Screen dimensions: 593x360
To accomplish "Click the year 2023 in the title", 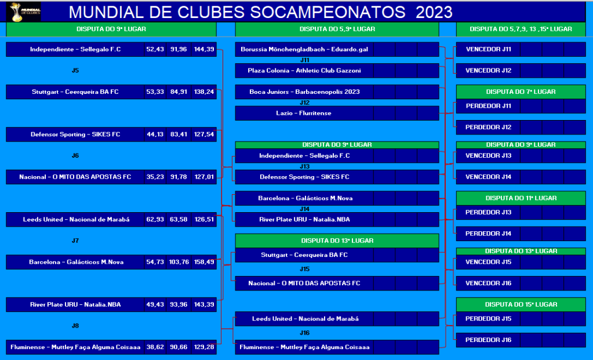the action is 434,12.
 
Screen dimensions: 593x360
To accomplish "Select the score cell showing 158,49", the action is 204,261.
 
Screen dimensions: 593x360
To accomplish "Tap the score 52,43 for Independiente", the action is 155,49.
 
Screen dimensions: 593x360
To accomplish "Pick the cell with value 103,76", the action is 179,261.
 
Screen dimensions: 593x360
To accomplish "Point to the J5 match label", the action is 75,70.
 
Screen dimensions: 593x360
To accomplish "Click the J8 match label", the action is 75,326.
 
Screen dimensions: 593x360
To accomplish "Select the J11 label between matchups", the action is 304,60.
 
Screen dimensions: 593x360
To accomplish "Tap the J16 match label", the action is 304,333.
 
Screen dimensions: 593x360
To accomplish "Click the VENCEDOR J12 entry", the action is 488,70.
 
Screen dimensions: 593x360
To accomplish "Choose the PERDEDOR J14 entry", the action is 488,234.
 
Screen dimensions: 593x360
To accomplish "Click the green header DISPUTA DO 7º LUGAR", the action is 521,92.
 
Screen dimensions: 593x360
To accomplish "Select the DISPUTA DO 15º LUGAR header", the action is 521,304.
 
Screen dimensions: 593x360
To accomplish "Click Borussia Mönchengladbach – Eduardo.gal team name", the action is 304,49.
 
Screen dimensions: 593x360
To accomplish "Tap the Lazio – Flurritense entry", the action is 304,113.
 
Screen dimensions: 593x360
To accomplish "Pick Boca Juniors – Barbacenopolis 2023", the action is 304,92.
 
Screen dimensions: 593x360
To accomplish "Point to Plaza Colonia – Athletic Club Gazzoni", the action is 304,70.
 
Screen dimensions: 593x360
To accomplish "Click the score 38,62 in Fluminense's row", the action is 155,347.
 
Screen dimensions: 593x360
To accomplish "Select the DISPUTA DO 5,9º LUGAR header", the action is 337,29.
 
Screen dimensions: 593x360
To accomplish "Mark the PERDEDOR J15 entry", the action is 488,319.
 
